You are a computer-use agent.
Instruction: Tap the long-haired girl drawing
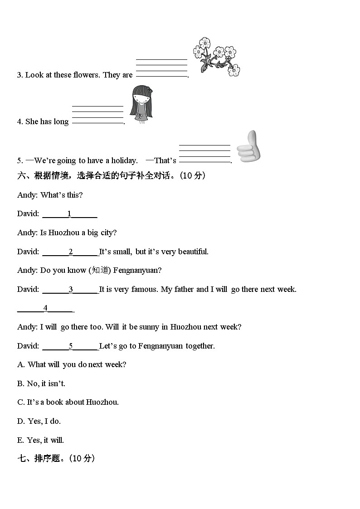pyautogui.click(x=141, y=105)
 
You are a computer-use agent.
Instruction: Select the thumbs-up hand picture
pyautogui.click(x=248, y=147)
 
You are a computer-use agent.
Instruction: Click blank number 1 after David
pyautogui.click(x=69, y=214)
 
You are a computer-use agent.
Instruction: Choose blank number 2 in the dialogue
pyautogui.click(x=70, y=252)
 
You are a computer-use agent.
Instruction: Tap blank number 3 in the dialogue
pyautogui.click(x=70, y=289)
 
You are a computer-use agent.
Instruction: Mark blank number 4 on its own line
pyautogui.click(x=45, y=308)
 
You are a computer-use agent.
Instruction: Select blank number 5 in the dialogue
pyautogui.click(x=70, y=346)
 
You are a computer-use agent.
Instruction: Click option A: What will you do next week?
pyautogui.click(x=72, y=364)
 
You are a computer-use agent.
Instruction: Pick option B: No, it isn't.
pyautogui.click(x=41, y=383)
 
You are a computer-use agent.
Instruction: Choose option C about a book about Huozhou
pyautogui.click(x=68, y=402)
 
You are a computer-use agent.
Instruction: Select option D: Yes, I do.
pyautogui.click(x=39, y=421)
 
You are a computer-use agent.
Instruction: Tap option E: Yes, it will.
pyautogui.click(x=41, y=440)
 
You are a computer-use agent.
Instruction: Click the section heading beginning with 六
pyautogui.click(x=111, y=176)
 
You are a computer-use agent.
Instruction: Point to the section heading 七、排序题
pyautogui.click(x=56, y=458)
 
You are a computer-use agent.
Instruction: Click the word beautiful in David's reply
pyautogui.click(x=193, y=252)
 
